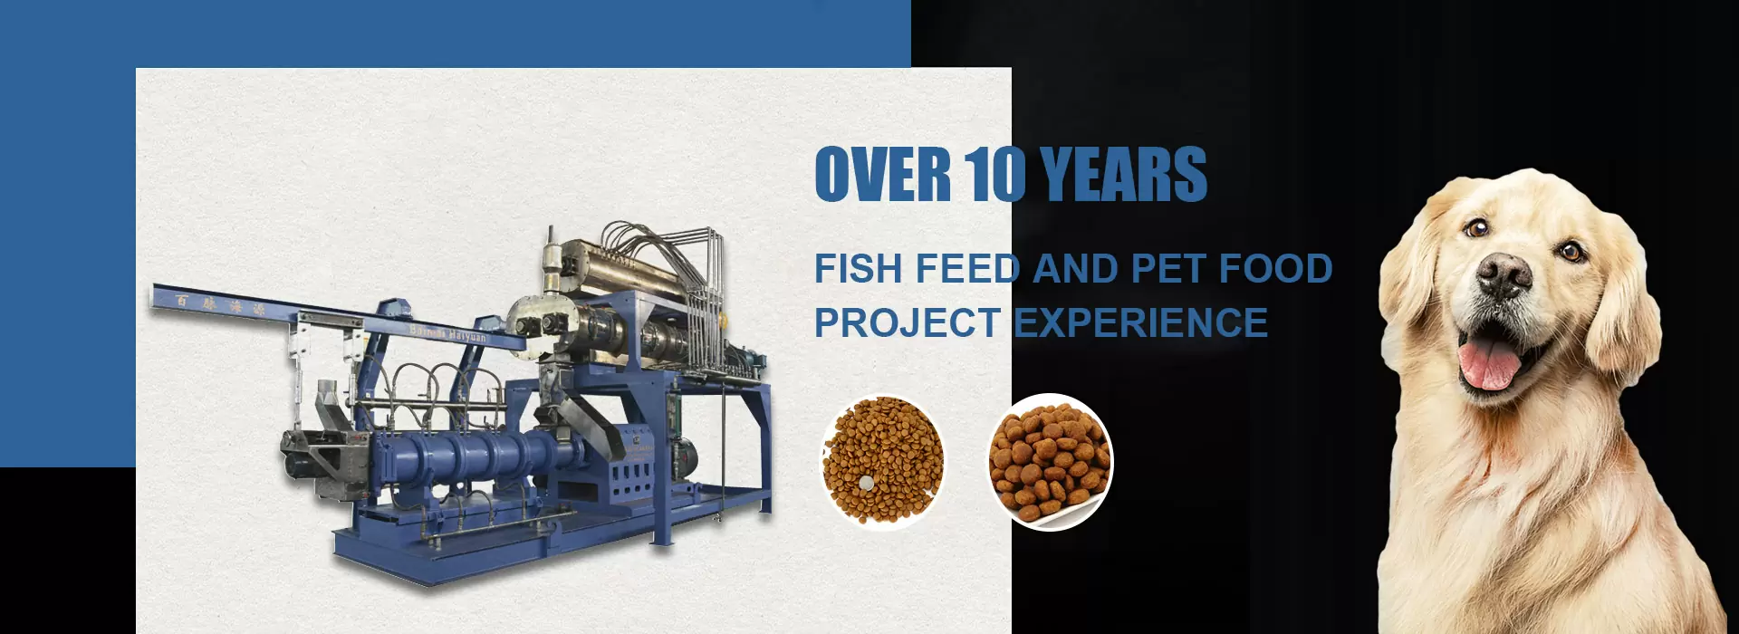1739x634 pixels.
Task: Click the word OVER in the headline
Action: point(882,175)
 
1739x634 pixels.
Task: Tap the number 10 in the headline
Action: point(994,175)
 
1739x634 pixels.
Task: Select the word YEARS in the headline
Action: point(1123,175)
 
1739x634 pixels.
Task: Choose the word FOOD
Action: point(1275,269)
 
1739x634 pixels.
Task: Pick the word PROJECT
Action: point(907,323)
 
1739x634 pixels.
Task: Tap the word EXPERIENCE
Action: point(1140,323)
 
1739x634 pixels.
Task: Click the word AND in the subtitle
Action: point(1076,269)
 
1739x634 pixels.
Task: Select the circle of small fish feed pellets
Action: point(883,461)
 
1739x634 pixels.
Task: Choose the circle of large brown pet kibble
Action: point(1050,461)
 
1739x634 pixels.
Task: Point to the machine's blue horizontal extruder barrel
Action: point(471,450)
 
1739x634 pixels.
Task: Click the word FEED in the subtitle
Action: point(968,269)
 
